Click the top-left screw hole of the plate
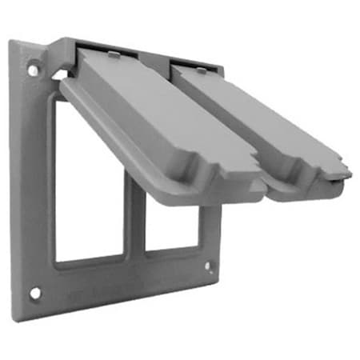(x=33, y=70)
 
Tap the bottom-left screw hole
(x=35, y=293)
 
